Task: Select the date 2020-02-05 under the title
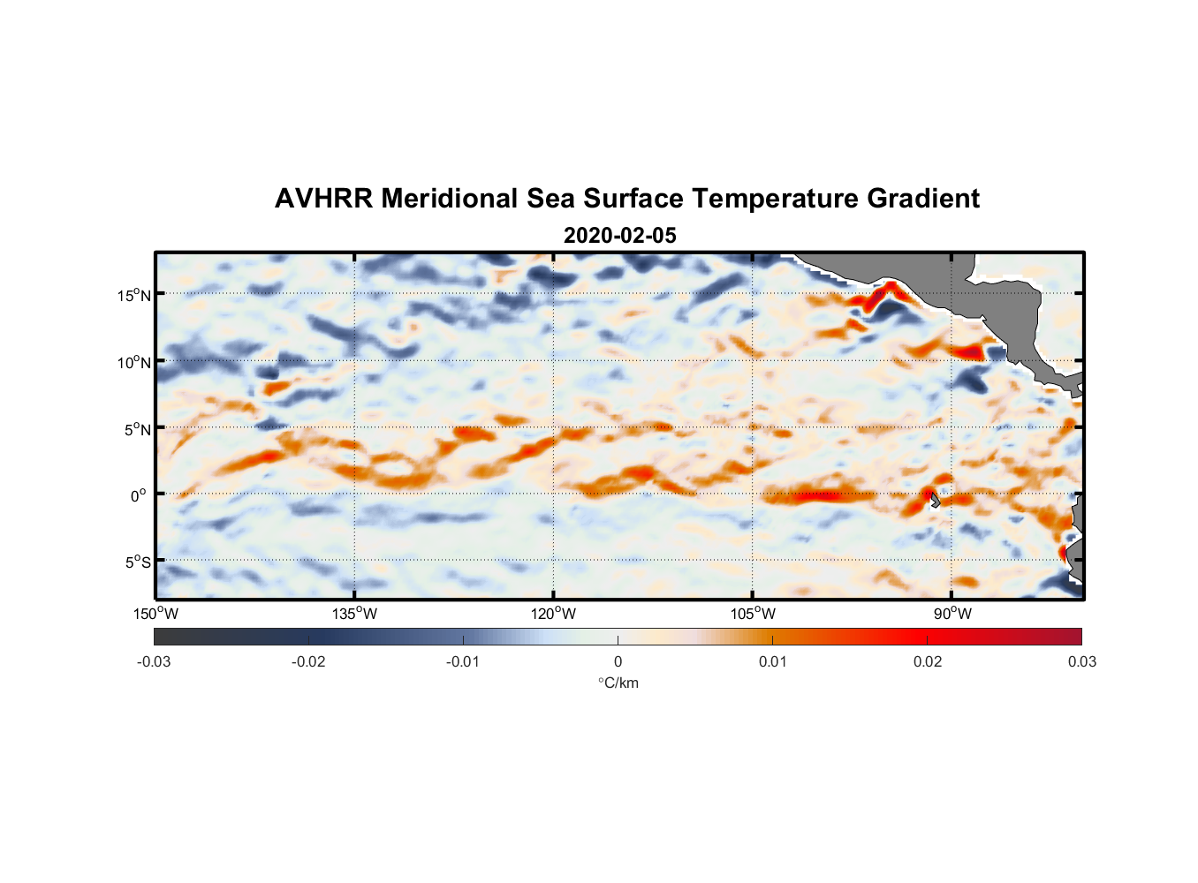tap(619, 236)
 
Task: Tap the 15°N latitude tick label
tap(134, 295)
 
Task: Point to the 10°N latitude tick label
tap(134, 362)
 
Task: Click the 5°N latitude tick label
tap(137, 429)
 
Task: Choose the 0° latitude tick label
tap(139, 495)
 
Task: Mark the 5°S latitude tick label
tap(137, 562)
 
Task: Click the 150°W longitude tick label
tap(155, 614)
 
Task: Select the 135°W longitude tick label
tap(354, 614)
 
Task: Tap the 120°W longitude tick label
tap(554, 614)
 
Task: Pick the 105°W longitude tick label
tap(753, 614)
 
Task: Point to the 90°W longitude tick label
tap(952, 614)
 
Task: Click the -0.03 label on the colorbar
tap(154, 661)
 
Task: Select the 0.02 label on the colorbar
tap(928, 661)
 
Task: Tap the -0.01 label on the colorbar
tap(463, 661)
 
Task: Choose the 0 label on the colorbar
tap(618, 661)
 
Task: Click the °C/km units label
tap(618, 683)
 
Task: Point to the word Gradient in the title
tap(923, 199)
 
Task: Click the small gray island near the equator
tap(934, 501)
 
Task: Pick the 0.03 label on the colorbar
tap(1081, 661)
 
